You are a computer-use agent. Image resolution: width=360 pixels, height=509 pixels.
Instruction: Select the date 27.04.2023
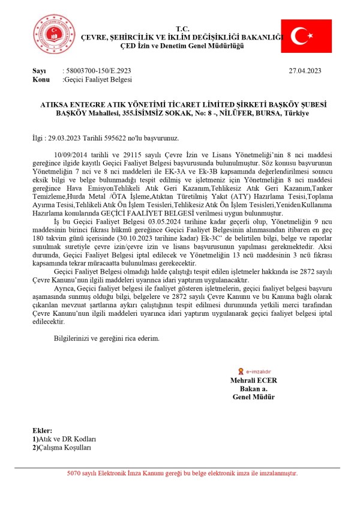305,71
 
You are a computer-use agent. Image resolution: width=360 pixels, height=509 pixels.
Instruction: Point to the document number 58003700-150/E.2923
95,71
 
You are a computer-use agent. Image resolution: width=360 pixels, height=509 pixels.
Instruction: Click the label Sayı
39,71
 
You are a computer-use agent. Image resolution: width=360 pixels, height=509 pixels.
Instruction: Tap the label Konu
41,79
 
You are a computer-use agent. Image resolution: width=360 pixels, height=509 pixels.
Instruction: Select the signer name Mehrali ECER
253,381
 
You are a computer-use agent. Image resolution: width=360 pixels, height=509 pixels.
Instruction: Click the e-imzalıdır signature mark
253,372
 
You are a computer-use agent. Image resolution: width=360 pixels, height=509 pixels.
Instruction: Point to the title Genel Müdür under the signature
253,397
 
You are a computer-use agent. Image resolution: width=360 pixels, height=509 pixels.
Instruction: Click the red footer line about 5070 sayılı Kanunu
182,474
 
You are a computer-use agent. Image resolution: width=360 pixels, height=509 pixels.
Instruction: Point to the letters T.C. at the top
182,29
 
